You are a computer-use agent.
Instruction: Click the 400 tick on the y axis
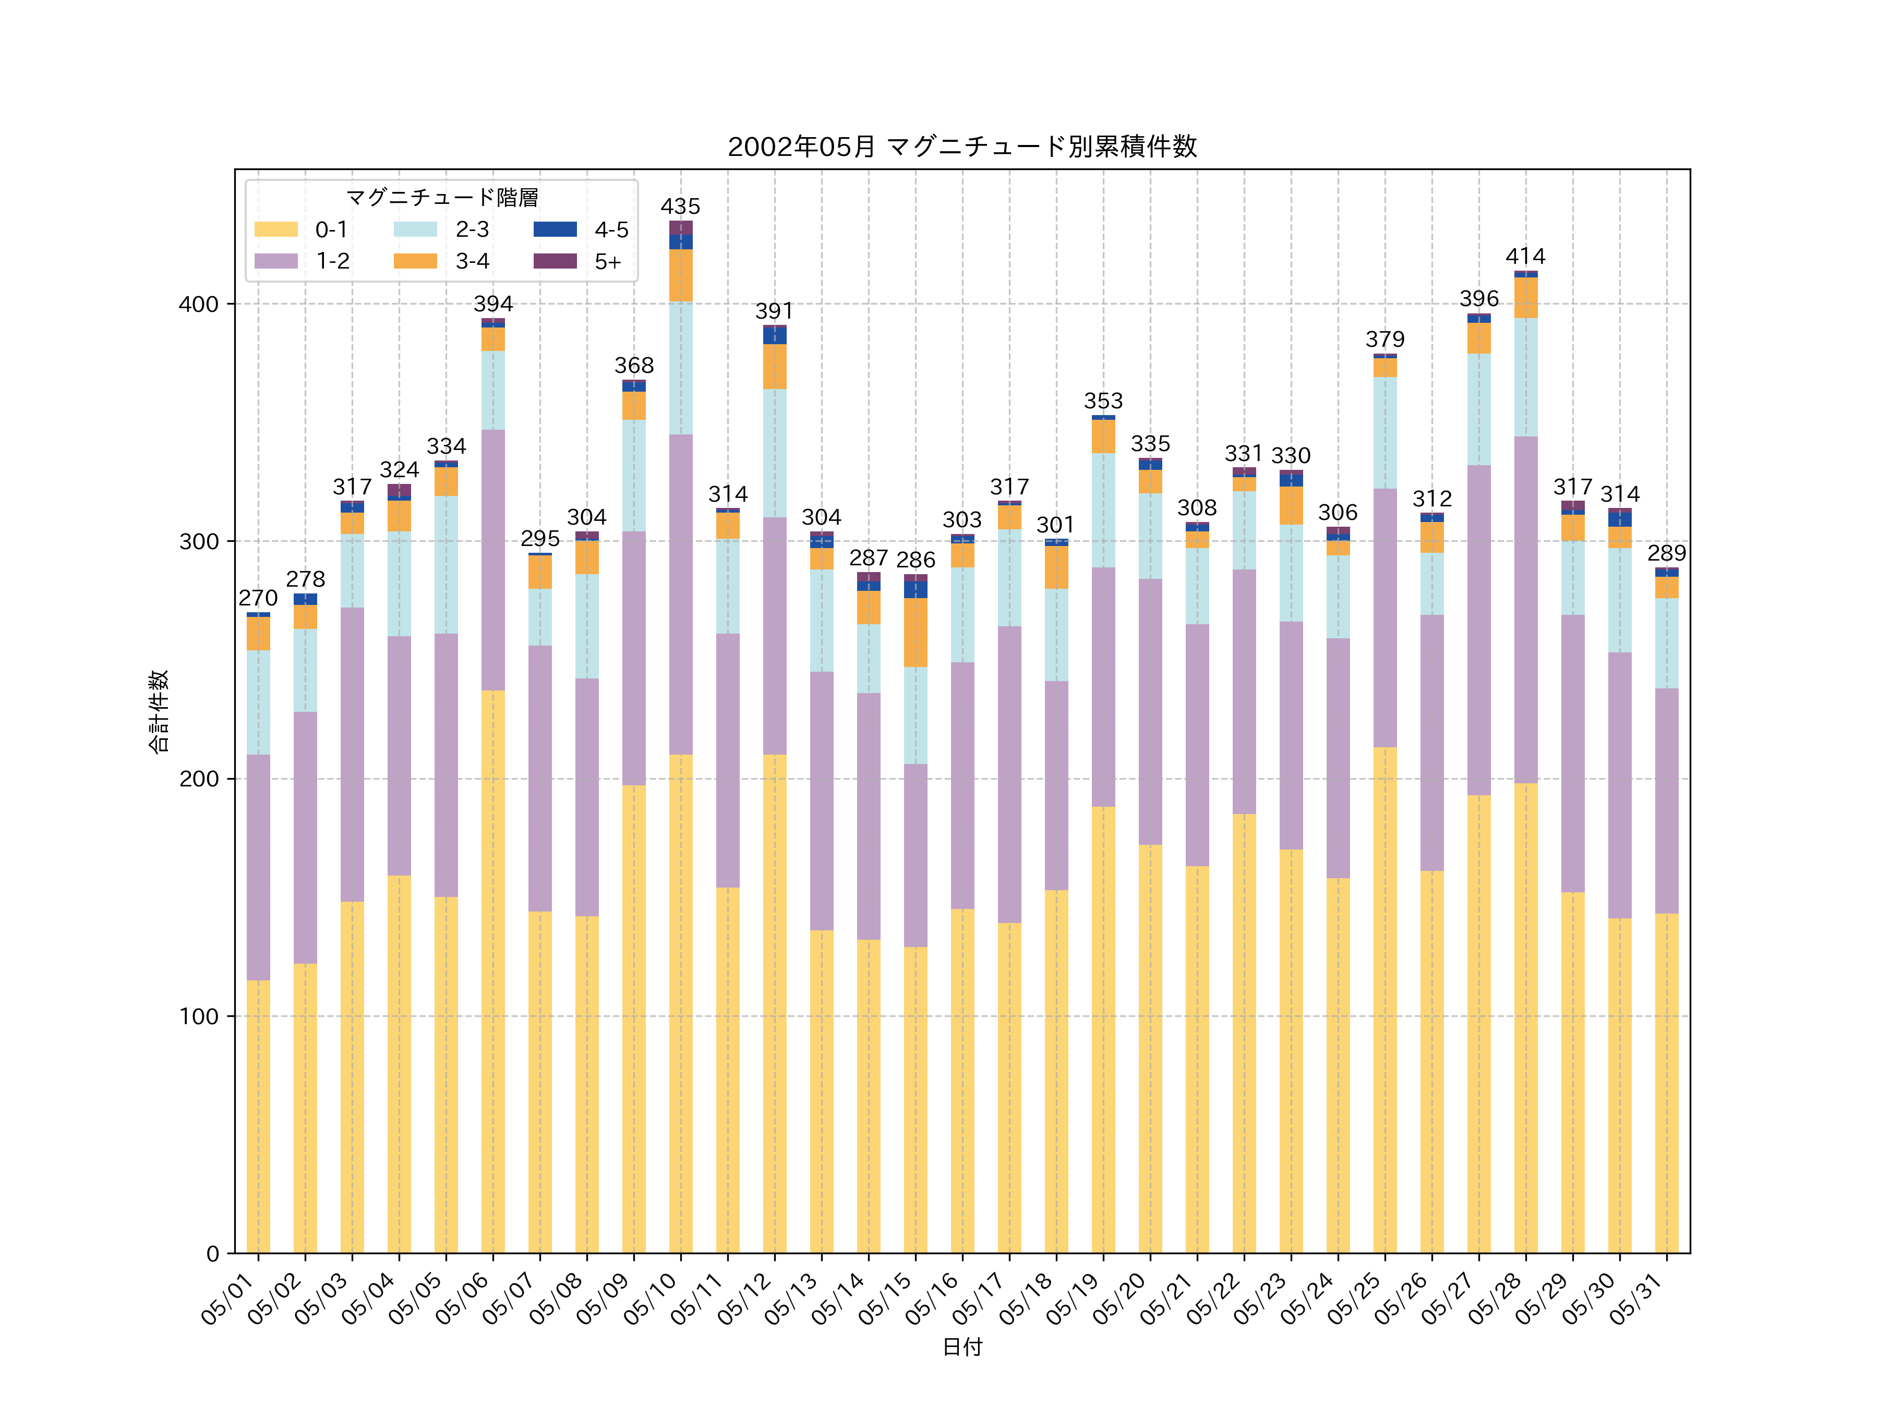click(198, 304)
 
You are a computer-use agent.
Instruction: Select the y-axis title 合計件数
click(159, 711)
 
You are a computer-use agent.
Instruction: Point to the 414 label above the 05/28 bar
click(1526, 257)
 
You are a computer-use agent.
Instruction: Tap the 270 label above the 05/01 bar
click(258, 598)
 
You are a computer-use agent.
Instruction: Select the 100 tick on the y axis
click(198, 1016)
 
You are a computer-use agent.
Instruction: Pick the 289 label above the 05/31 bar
click(1667, 553)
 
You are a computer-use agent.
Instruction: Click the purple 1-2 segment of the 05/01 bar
click(258, 867)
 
